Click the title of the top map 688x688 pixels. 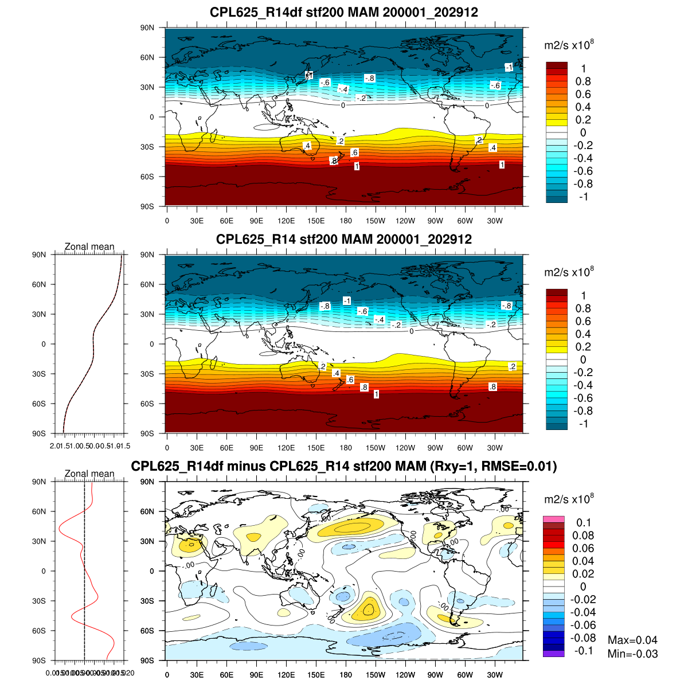pyautogui.click(x=344, y=12)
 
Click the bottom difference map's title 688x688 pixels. pyautogui.click(x=344, y=466)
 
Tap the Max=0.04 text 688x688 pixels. pyautogui.click(x=632, y=640)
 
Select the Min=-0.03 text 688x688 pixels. pyautogui.click(x=632, y=654)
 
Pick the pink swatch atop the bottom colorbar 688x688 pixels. pyautogui.click(x=554, y=519)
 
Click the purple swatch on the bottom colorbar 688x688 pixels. pyautogui.click(x=554, y=654)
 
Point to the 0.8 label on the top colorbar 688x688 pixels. pyautogui.click(x=583, y=81)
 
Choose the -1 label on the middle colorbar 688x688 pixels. pyautogui.click(x=583, y=424)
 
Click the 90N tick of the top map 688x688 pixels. pyautogui.click(x=148, y=28)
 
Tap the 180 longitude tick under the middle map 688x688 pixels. pyautogui.click(x=346, y=448)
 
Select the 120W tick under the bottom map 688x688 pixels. pyautogui.click(x=405, y=675)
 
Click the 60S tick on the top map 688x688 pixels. pyautogui.click(x=148, y=177)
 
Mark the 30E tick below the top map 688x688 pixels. pyautogui.click(x=197, y=221)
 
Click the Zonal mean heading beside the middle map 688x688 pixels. pyautogui.click(x=89, y=247)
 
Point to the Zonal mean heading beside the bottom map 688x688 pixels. pyautogui.click(x=89, y=474)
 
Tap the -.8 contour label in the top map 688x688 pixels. pyautogui.click(x=370, y=78)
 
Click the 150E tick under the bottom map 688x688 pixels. pyautogui.click(x=316, y=675)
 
